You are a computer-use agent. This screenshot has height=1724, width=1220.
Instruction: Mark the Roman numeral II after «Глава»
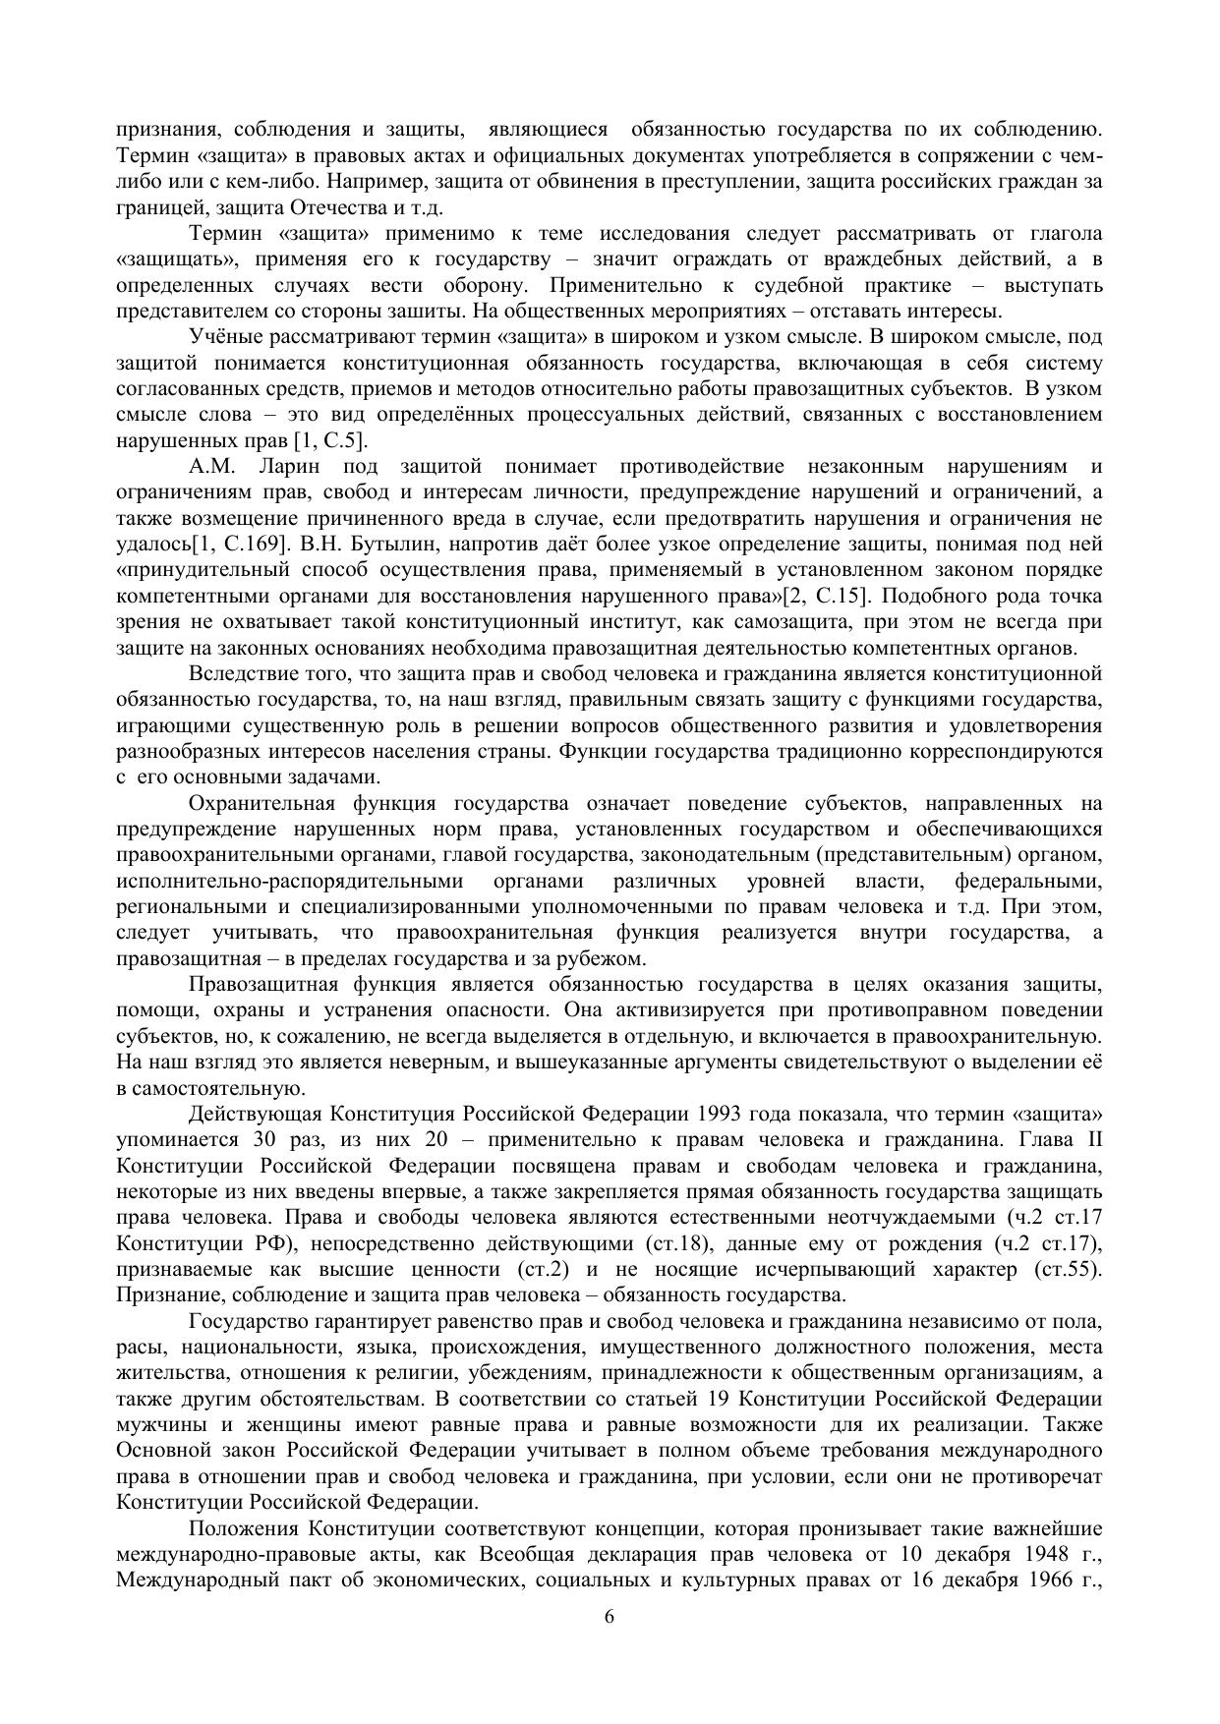(x=1091, y=1140)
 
